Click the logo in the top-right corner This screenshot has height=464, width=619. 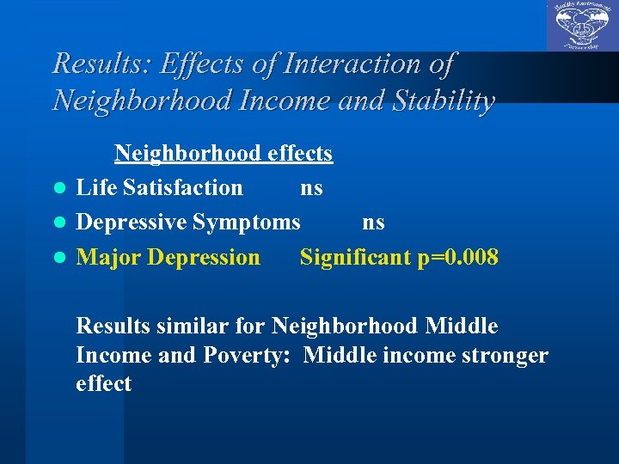tap(582, 26)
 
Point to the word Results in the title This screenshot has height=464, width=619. tap(94, 64)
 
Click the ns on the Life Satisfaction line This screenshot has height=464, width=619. tap(311, 188)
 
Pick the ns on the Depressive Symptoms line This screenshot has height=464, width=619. tap(373, 223)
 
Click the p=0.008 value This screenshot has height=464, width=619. tap(457, 257)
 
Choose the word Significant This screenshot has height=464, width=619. tap(355, 257)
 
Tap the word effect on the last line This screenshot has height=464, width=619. tap(103, 383)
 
